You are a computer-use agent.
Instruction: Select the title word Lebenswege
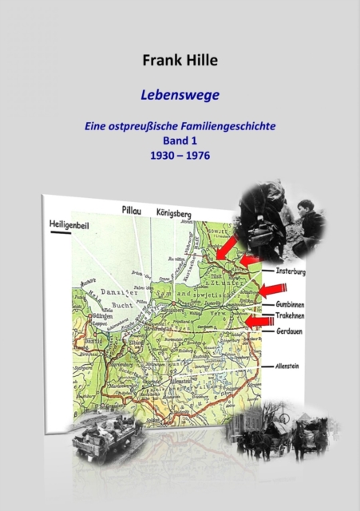180,93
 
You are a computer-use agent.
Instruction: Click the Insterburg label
292,271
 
